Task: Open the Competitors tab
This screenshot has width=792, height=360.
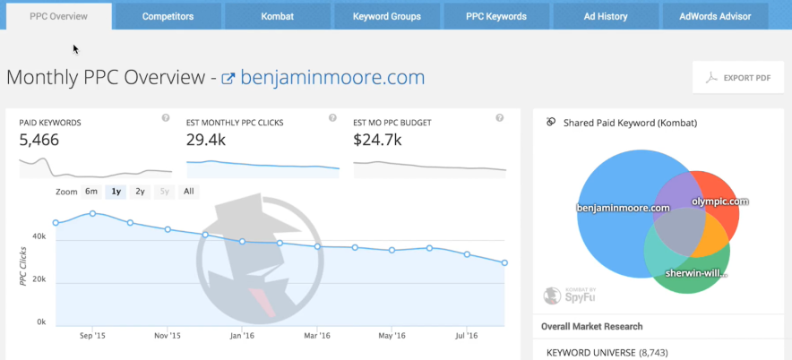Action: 168,16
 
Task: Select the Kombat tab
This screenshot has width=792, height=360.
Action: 277,16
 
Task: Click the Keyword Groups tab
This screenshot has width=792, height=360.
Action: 386,16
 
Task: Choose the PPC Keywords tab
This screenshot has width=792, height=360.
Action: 496,16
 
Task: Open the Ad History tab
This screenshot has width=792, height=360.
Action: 607,16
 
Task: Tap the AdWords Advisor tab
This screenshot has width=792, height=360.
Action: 717,16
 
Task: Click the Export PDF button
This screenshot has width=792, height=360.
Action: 738,78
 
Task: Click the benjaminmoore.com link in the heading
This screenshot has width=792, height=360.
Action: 331,77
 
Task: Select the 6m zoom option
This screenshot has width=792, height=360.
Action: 91,192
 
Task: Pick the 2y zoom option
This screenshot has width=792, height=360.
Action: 140,192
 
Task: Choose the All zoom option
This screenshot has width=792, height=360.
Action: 188,192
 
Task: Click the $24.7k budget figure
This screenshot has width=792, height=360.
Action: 377,140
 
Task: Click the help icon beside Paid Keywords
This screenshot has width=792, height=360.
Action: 166,118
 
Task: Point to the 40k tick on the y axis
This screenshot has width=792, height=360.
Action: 39,236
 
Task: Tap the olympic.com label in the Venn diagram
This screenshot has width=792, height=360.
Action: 719,202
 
